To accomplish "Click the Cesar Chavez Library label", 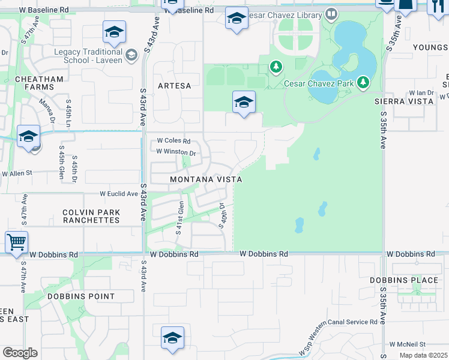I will tap(284, 14).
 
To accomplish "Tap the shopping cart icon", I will tap(16, 242).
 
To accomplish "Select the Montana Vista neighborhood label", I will tap(206, 179).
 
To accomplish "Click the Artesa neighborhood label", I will tap(174, 86).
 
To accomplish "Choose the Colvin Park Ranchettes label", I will tap(91, 216).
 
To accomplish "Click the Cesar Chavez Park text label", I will tap(319, 83).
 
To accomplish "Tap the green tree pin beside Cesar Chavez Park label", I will tap(363, 82).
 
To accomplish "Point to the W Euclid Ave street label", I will tap(119, 194).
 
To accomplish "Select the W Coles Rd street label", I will tap(173, 142).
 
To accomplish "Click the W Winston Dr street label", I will tap(176, 152).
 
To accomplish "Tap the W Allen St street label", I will tap(16, 173).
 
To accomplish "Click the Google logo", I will tap(20, 352).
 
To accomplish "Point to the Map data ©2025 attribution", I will tap(423, 356).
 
